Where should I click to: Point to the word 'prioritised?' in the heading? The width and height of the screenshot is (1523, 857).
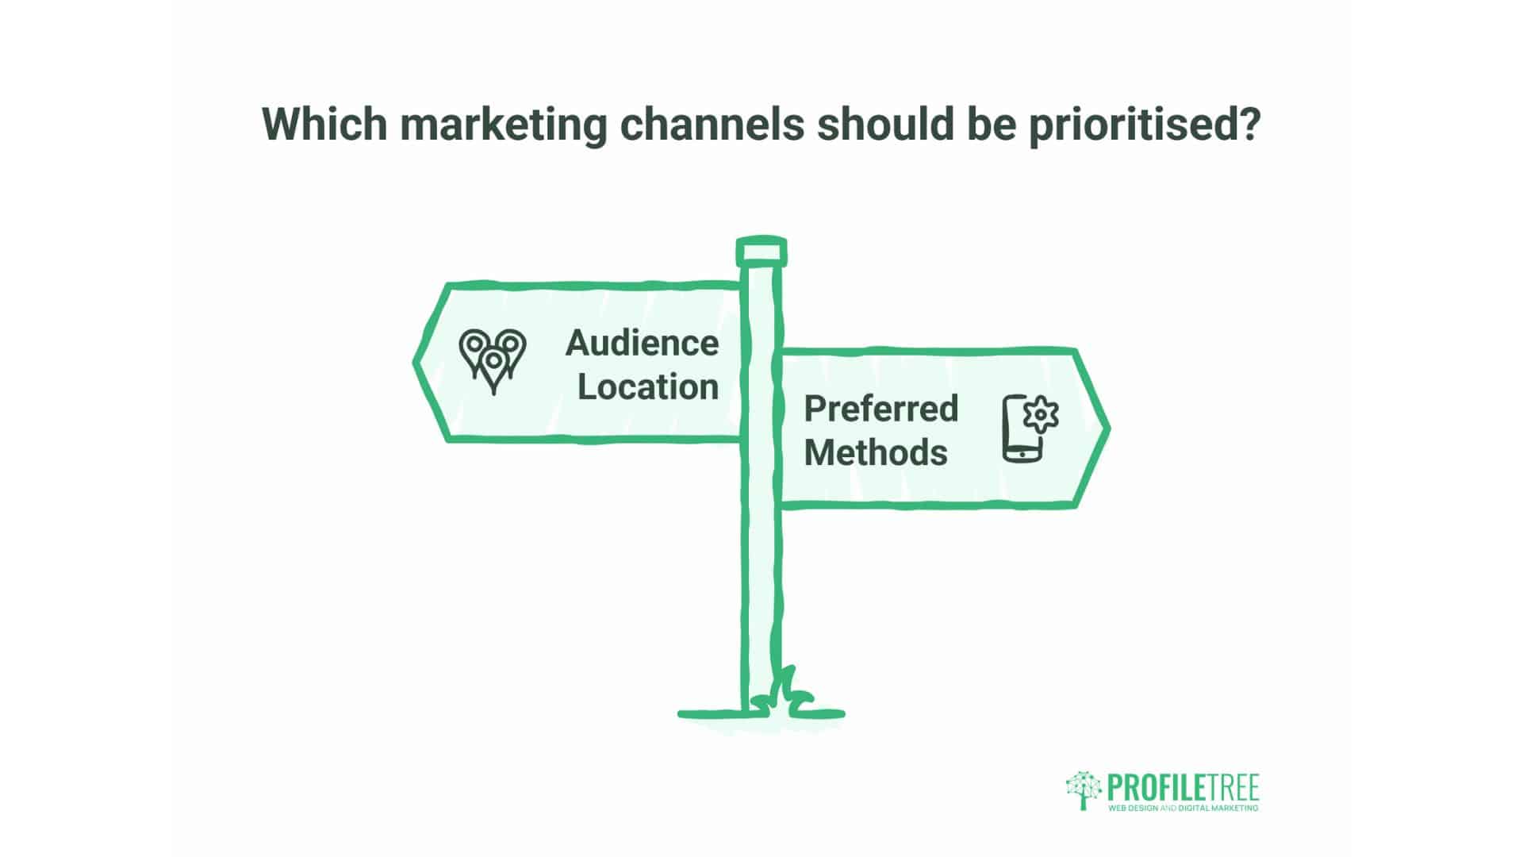1144,125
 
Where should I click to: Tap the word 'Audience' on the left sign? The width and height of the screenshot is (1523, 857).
642,344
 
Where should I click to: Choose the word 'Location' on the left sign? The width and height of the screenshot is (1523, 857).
647,387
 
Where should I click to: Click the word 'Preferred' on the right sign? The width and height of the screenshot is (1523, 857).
881,409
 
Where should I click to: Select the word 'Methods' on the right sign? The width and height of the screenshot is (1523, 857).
875,452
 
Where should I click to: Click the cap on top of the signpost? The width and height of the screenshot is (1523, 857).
761,252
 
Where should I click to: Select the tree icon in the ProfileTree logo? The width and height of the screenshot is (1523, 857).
1084,790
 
